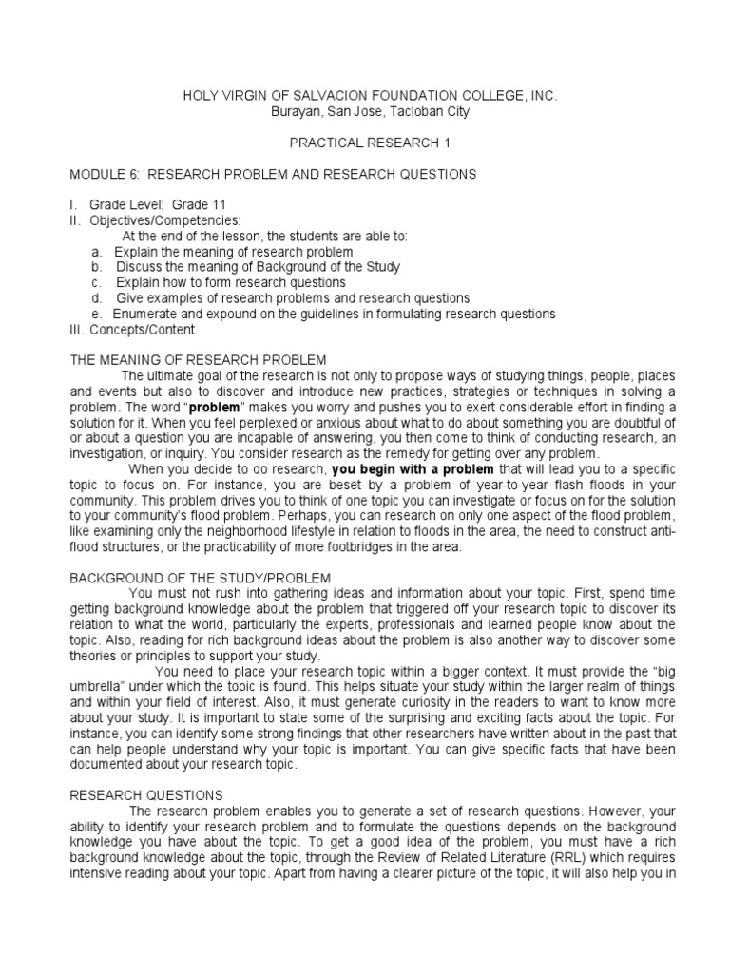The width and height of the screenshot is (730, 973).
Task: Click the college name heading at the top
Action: tap(364, 97)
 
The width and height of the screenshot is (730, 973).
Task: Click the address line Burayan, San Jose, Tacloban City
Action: tap(364, 112)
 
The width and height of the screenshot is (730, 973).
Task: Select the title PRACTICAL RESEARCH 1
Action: tap(364, 143)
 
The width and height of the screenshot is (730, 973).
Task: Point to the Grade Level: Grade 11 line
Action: tap(157, 205)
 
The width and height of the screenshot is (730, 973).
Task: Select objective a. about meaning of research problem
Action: tap(222, 252)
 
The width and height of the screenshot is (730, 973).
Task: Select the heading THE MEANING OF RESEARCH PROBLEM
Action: tap(199, 360)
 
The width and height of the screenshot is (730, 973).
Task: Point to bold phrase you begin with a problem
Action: tap(413, 469)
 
